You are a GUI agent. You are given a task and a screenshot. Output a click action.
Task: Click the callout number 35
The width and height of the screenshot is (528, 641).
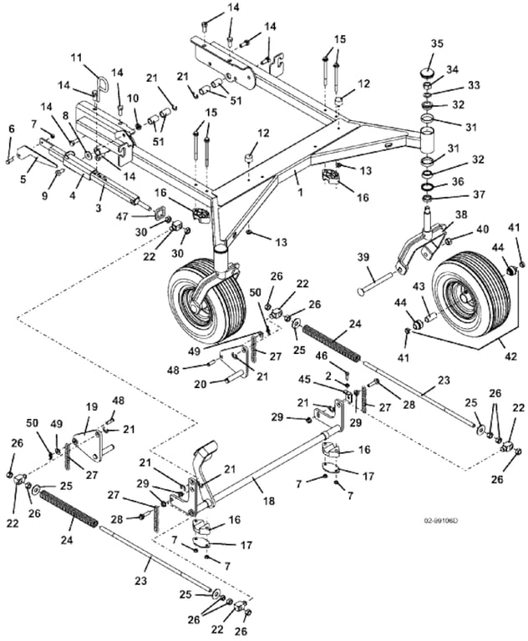[x=437, y=44]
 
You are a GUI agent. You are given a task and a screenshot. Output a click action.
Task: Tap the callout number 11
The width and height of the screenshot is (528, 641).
[x=77, y=58]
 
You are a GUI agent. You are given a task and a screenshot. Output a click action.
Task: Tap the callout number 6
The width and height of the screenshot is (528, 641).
[x=12, y=129]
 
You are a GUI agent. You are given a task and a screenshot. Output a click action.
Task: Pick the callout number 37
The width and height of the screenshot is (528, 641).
[x=455, y=194]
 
